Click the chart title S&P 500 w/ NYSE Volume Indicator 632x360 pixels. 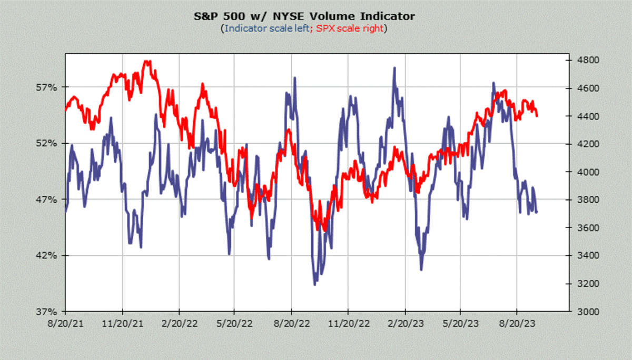(304, 16)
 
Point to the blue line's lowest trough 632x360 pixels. (315, 284)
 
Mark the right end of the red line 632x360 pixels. (537, 116)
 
